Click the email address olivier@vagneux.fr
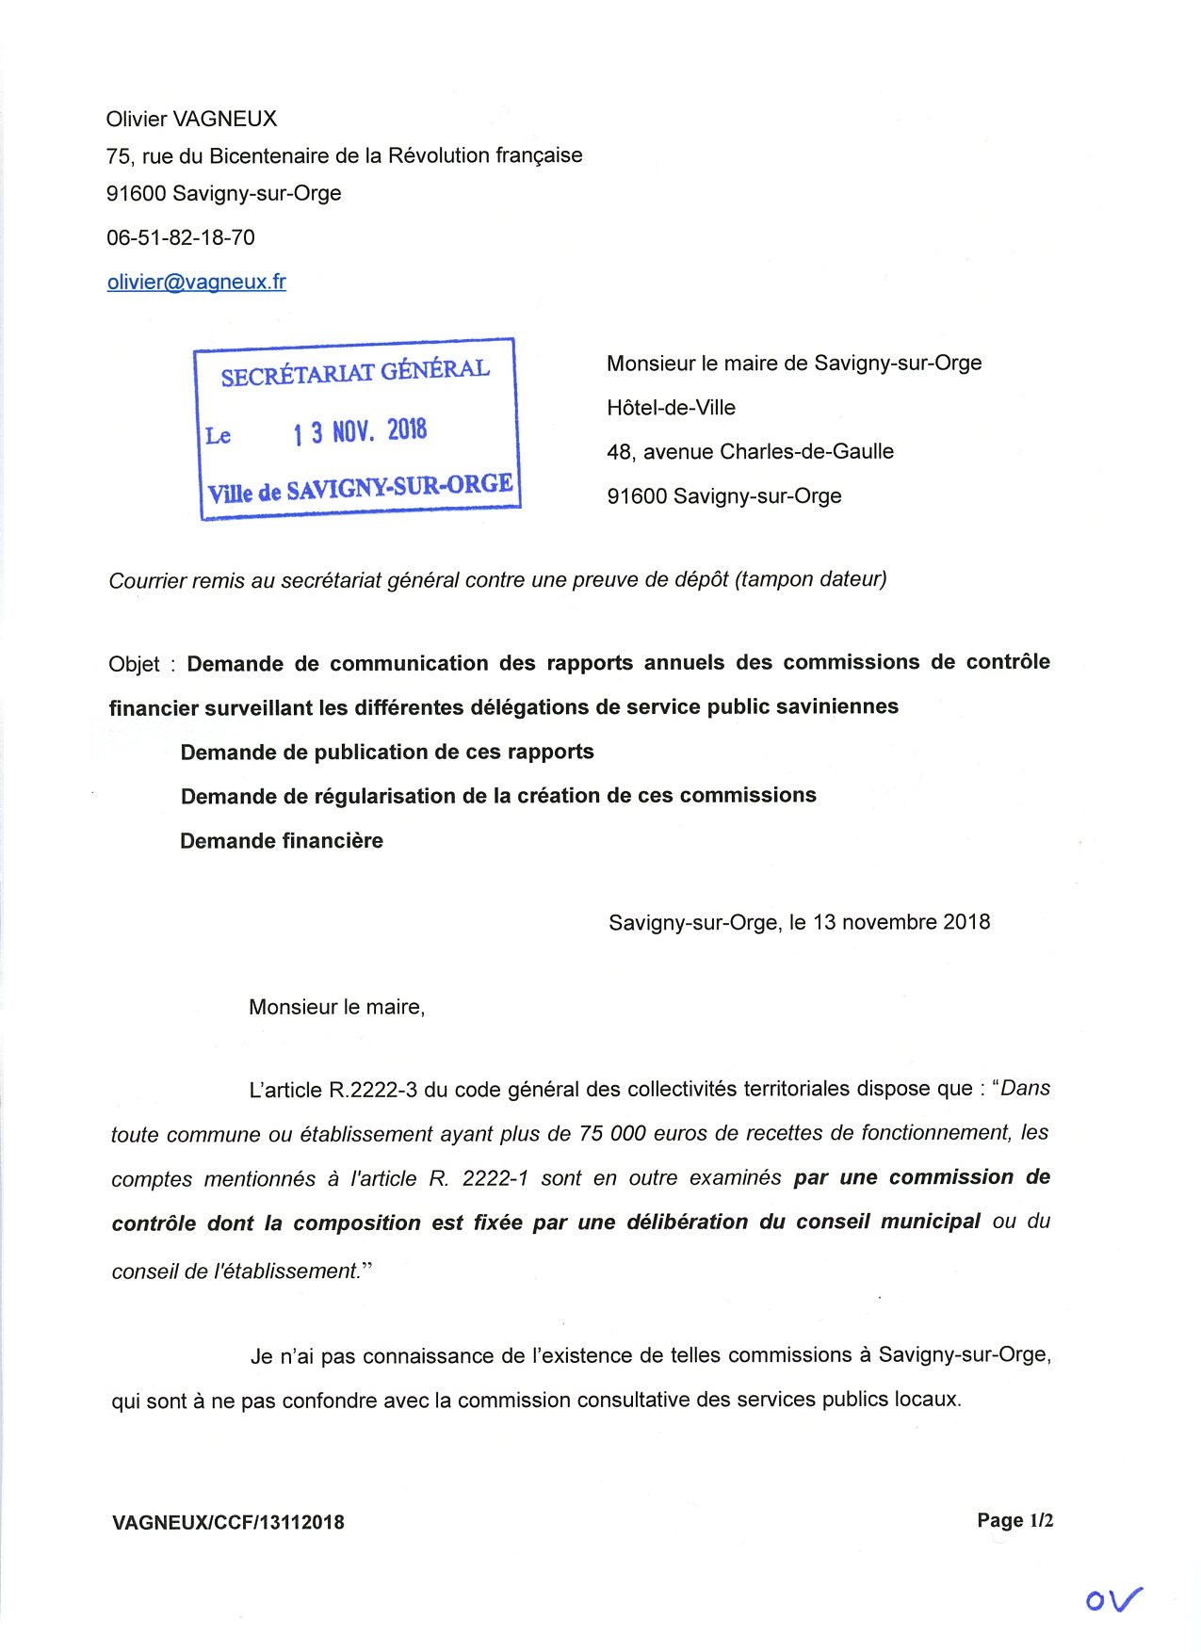click(196, 282)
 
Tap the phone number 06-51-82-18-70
click(180, 237)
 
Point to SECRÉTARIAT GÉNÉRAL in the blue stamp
click(355, 372)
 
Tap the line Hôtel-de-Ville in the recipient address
click(671, 408)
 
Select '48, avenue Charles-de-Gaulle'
click(750, 452)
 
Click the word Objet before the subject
click(134, 664)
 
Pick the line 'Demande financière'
click(282, 840)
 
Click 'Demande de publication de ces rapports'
click(387, 752)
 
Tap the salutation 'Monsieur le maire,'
click(336, 1007)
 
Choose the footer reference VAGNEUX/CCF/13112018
click(228, 1522)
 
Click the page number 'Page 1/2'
click(1014, 1520)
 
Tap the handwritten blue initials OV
click(1113, 1597)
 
